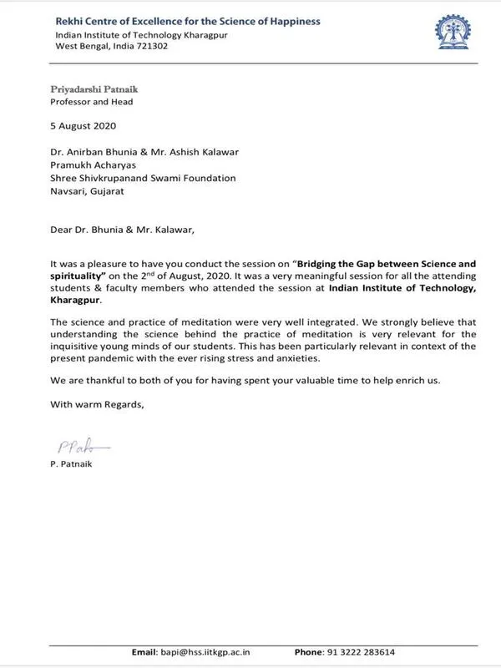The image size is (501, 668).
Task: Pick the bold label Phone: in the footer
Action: click(309, 651)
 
